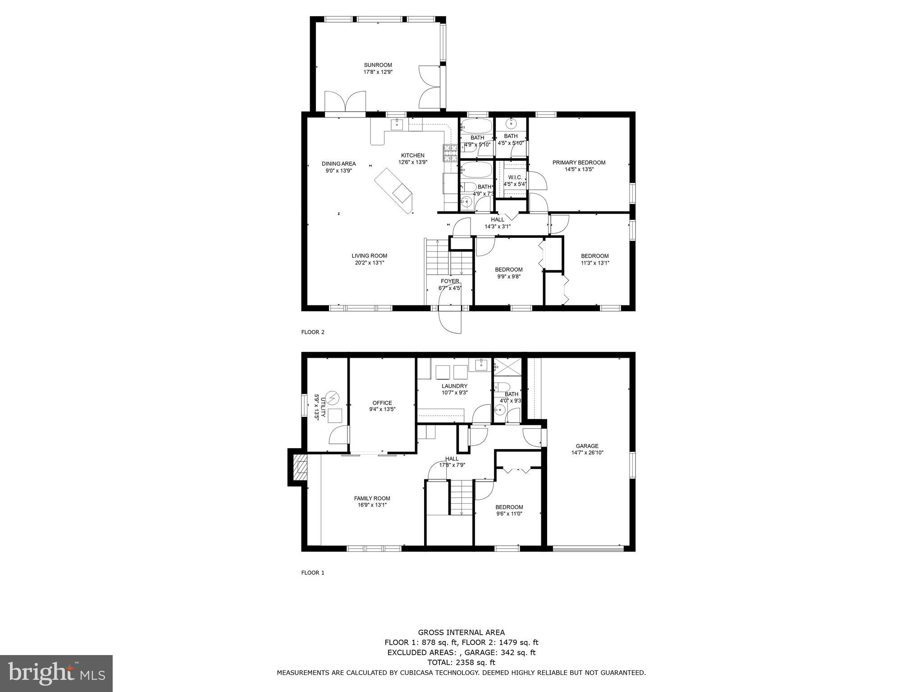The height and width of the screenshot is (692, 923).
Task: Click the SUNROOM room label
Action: point(378,65)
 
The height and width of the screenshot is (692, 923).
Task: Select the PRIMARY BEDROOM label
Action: point(579,163)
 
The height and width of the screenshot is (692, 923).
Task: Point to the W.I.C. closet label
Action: point(515,178)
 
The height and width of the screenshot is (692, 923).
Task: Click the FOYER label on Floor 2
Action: point(449,281)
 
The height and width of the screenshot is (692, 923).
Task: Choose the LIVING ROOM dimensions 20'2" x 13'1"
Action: point(369,263)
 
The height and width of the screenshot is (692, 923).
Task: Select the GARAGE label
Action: point(586,446)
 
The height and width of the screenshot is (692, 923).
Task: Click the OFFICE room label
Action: point(382,403)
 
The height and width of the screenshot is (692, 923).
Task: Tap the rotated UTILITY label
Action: point(319,407)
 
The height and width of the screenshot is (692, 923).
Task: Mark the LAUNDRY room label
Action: point(454,386)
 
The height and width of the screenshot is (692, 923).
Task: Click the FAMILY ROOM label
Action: point(372,498)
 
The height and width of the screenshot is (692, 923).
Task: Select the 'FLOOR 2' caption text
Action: point(312,332)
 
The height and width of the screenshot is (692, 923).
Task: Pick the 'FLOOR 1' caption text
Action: point(312,573)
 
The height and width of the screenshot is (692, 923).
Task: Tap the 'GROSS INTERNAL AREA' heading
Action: point(461,633)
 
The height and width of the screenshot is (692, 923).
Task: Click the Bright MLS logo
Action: point(56,674)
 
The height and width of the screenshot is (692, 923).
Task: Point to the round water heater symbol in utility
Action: point(332,398)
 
